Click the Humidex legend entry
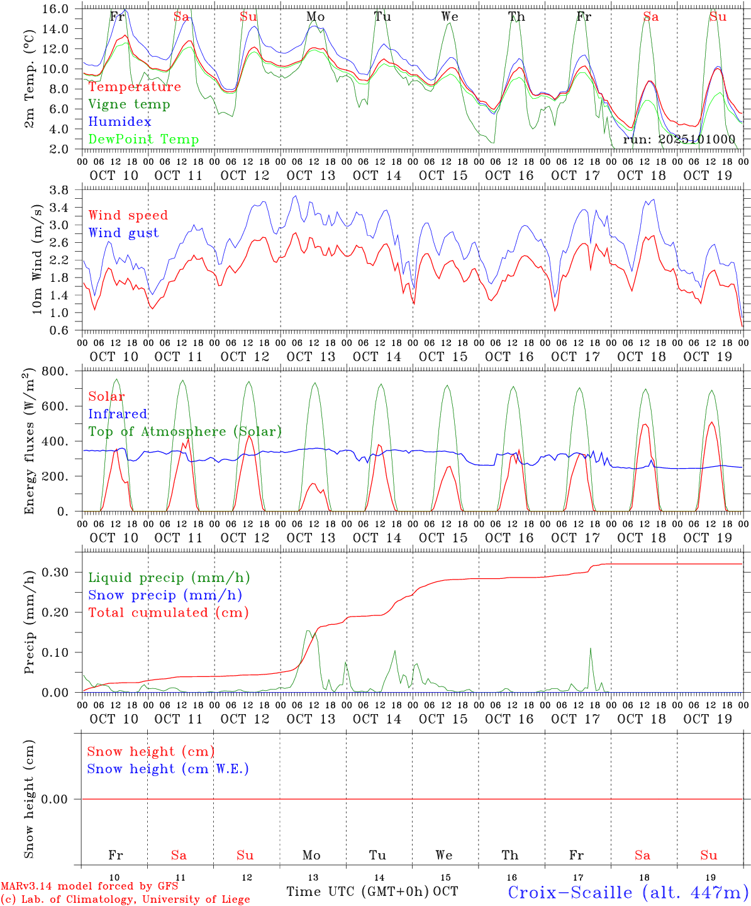(120, 122)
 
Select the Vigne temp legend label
(129, 104)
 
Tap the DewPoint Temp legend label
(143, 140)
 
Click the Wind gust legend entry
(123, 233)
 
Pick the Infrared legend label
(118, 414)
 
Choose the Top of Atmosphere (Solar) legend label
(184, 432)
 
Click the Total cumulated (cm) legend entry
(168, 613)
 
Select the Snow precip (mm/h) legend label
(165, 595)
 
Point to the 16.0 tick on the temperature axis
(56, 9)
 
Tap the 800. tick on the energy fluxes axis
(56, 371)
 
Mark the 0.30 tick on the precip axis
(56, 572)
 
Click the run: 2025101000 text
(679, 140)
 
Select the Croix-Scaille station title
(628, 892)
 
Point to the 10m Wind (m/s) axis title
(37, 258)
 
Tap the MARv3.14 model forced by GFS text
(89, 886)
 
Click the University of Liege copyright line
(125, 900)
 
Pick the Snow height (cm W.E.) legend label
(168, 769)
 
